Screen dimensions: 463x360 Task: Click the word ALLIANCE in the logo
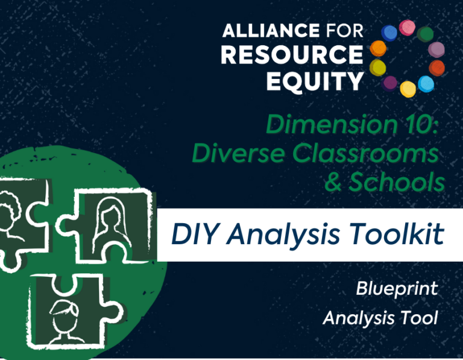[271, 31]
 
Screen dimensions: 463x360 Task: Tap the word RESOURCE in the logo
[292, 55]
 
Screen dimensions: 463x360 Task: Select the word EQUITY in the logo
[315, 81]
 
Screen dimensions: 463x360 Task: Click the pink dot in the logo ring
[407, 28]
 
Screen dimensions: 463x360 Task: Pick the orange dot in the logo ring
[378, 48]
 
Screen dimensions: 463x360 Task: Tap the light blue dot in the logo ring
[426, 84]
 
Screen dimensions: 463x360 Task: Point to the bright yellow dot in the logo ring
[408, 89]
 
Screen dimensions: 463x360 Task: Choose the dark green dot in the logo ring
[425, 34]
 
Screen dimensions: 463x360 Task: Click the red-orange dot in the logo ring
[436, 68]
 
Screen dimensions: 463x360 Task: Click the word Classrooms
[365, 153]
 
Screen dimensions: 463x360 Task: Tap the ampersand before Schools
[333, 182]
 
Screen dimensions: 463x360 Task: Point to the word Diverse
[238, 153]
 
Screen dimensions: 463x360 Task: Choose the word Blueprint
[397, 288]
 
